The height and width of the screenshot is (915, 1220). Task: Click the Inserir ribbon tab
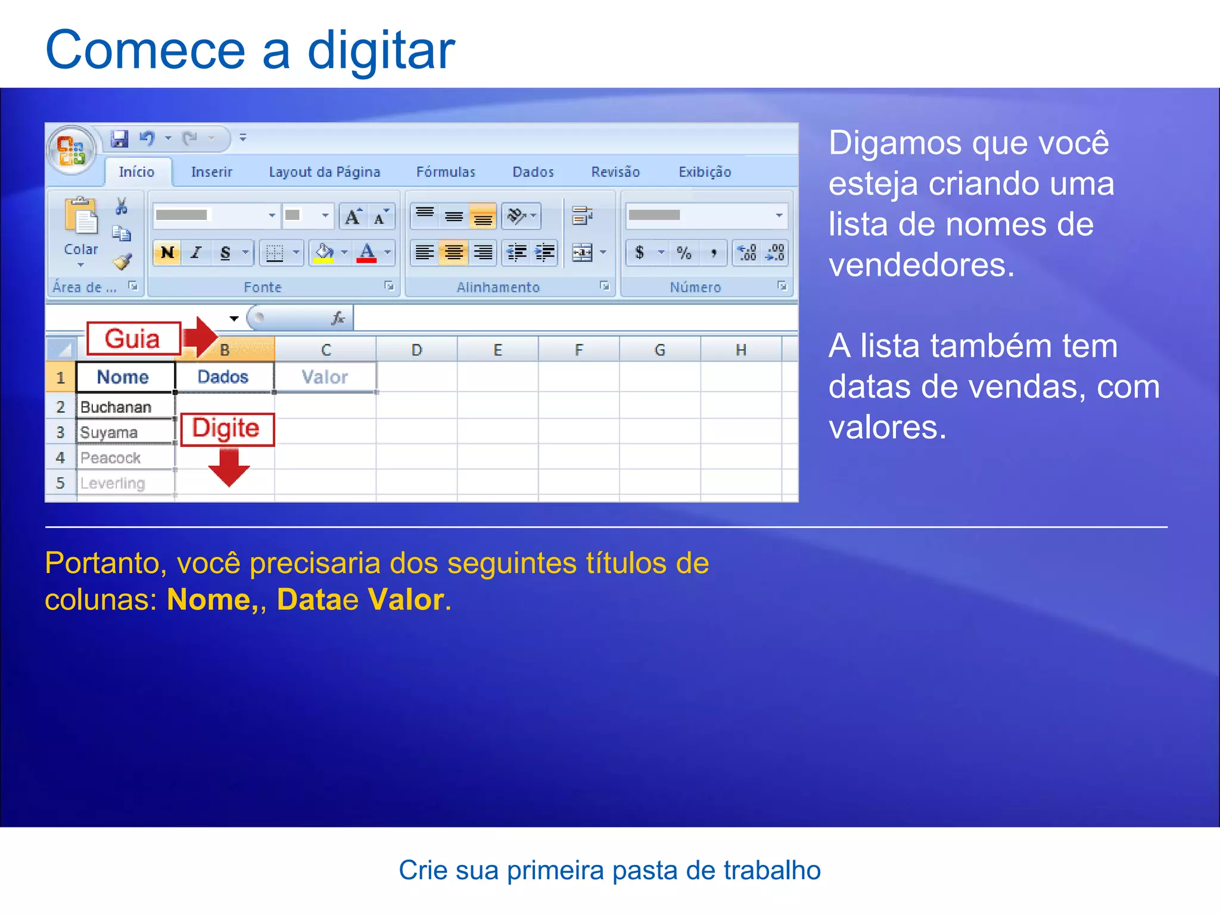211,172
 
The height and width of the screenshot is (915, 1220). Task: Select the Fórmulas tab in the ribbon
446,172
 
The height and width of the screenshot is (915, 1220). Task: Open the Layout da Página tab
324,172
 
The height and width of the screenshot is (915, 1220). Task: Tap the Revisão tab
615,172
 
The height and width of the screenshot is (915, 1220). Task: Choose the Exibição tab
705,172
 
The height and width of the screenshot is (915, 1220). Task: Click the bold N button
167,253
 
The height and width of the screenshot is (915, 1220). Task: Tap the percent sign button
684,253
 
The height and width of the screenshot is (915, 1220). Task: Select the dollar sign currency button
640,253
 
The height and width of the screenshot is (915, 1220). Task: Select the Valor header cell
325,377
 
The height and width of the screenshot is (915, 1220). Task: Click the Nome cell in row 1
123,377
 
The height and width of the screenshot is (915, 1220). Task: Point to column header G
659,350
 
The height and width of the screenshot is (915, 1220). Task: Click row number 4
60,457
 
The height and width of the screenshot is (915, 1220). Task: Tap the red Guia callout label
133,339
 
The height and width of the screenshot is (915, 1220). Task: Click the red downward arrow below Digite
229,467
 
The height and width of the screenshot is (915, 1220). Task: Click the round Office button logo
71,150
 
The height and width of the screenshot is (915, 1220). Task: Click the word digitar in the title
381,50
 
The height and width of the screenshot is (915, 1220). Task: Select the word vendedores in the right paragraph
920,264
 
